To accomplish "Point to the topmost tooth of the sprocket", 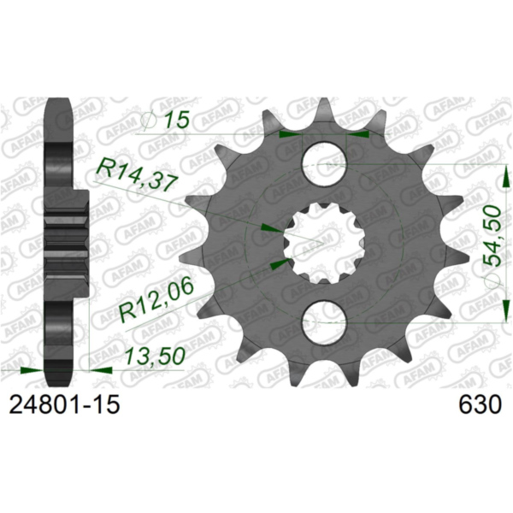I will pos(325,109).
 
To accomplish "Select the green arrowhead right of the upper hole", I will pos(363,133).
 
